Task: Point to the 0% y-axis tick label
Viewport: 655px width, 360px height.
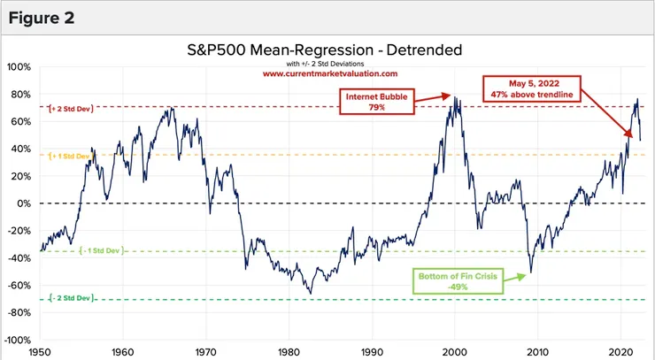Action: (23, 203)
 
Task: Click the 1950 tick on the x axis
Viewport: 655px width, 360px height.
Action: (40, 351)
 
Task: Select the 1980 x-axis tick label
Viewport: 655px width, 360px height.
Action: (289, 351)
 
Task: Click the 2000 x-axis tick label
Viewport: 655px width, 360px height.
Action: (455, 351)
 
